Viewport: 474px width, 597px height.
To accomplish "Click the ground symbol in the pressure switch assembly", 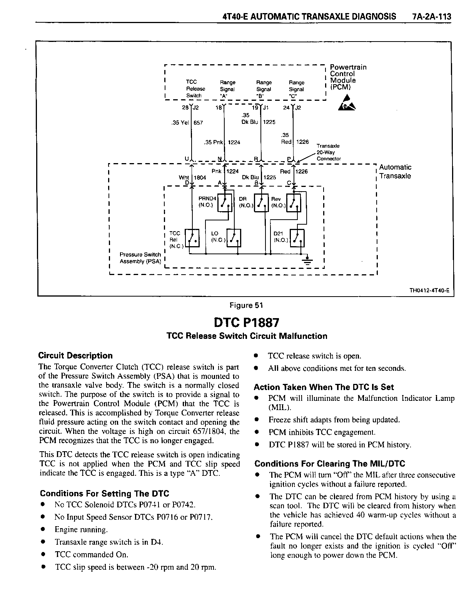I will pyautogui.click(x=307, y=261).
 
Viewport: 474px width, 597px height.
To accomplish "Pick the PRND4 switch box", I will pyautogui.click(x=225, y=202).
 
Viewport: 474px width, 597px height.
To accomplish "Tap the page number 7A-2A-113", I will pyautogui.click(x=431, y=17).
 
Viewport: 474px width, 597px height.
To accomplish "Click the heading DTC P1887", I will pyautogui.click(x=246, y=322).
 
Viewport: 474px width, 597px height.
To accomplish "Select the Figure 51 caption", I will pyautogui.click(x=246, y=305).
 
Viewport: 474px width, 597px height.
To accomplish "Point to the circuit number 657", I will pyautogui.click(x=198, y=123).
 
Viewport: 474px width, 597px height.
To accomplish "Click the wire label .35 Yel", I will pyautogui.click(x=179, y=123).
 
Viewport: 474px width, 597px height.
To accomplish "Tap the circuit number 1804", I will pyautogui.click(x=200, y=178).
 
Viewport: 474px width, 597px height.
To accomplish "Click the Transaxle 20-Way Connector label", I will pyautogui.click(x=328, y=152).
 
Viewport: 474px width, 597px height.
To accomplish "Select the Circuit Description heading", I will pyautogui.click(x=75, y=355).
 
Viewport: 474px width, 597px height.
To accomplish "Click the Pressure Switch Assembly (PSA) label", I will pyautogui.click(x=140, y=258).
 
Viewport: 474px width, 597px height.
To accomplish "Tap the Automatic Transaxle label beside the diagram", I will pyautogui.click(x=395, y=172).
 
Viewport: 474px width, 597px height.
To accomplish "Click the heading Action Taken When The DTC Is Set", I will pyautogui.click(x=324, y=387).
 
